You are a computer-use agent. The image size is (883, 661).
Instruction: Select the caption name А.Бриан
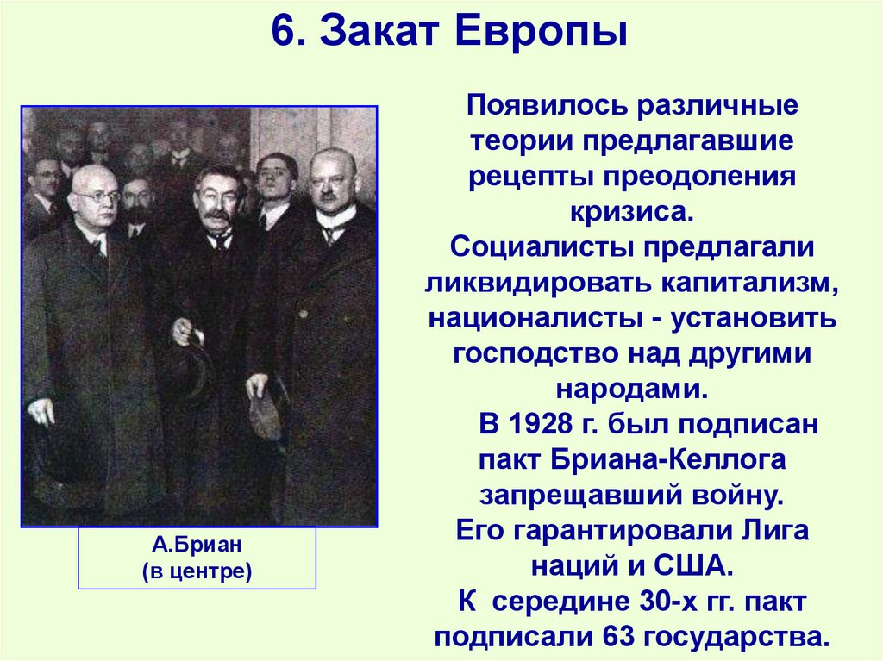197,546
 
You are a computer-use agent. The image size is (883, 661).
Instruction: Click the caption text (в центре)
197,571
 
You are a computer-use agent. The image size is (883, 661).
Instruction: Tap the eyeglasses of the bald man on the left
96,196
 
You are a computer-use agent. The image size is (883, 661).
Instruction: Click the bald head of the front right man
332,160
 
